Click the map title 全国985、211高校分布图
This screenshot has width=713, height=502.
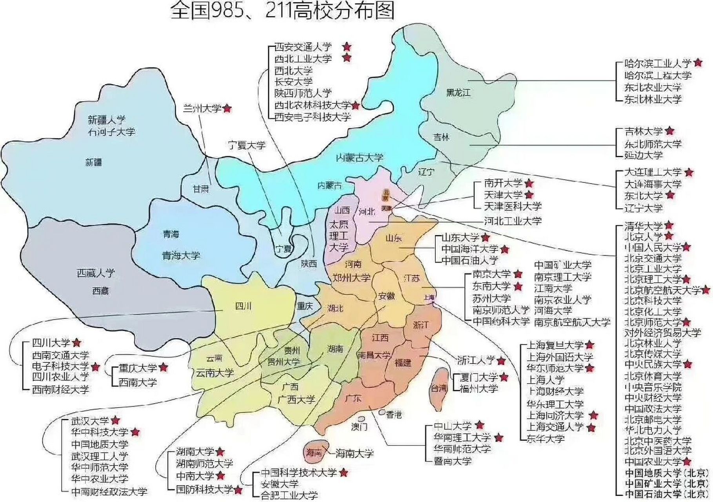(282, 11)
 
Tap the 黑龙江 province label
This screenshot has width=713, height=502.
(458, 93)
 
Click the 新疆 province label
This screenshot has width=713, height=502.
(93, 162)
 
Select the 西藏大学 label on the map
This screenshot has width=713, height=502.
(96, 273)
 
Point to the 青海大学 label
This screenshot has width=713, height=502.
(181, 256)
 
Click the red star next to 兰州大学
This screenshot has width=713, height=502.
(227, 109)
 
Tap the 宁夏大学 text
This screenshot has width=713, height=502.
(247, 146)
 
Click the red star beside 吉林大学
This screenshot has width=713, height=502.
(669, 131)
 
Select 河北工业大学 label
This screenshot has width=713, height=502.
(513, 221)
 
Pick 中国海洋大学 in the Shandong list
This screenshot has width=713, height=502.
(470, 249)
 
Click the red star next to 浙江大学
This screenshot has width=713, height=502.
(501, 360)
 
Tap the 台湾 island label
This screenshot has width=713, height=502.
(439, 388)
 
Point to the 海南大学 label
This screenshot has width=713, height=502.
(354, 454)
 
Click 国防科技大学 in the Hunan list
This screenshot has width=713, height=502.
(204, 489)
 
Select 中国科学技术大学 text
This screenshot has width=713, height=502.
(298, 473)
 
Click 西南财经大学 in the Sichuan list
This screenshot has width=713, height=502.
(60, 389)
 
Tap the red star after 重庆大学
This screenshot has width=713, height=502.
(164, 367)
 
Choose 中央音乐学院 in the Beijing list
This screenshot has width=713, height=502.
(653, 387)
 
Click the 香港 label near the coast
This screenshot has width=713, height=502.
(394, 415)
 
